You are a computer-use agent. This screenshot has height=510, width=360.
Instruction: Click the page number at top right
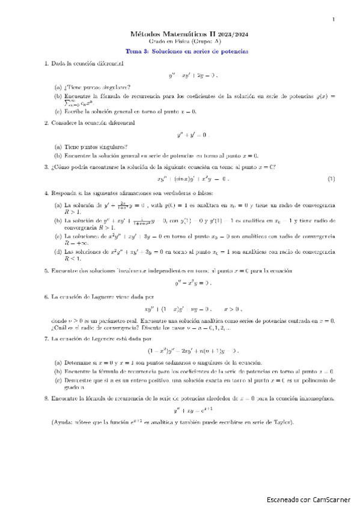pos(333,20)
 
